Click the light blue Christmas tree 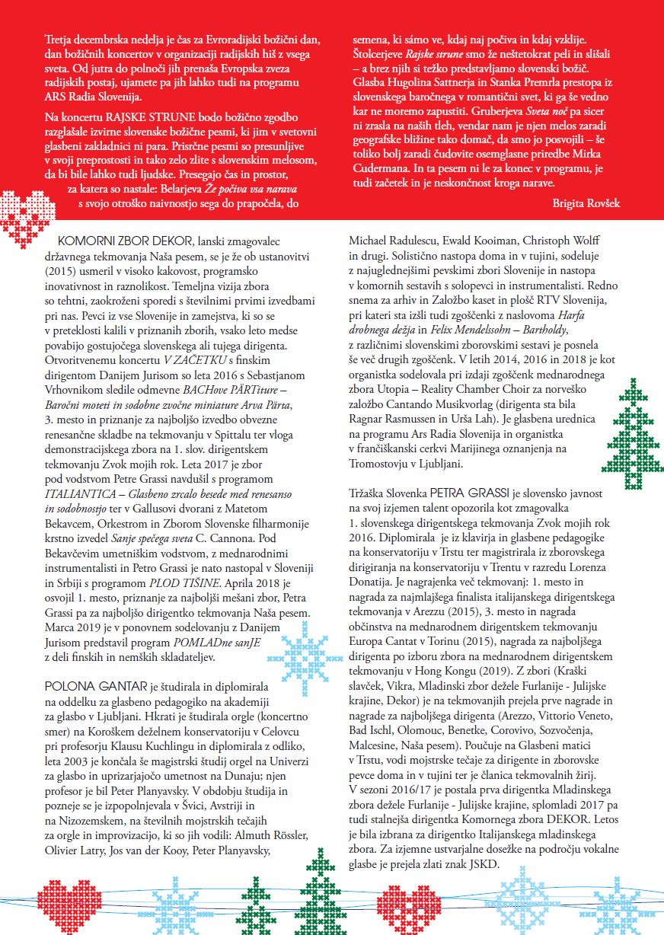(x=526, y=898)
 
